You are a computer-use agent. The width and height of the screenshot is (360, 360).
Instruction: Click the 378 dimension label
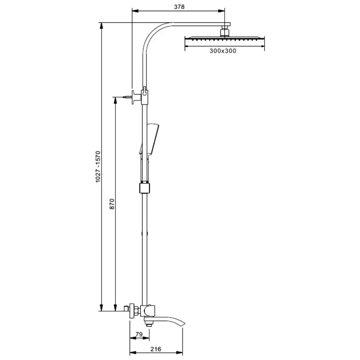tap(179, 7)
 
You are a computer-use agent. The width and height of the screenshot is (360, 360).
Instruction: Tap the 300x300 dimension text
tap(223, 51)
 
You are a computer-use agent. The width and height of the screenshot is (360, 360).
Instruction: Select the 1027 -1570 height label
tap(98, 167)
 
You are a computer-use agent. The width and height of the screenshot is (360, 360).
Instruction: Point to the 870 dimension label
tap(112, 204)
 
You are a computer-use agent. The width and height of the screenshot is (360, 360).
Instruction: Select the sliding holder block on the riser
tap(144, 188)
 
